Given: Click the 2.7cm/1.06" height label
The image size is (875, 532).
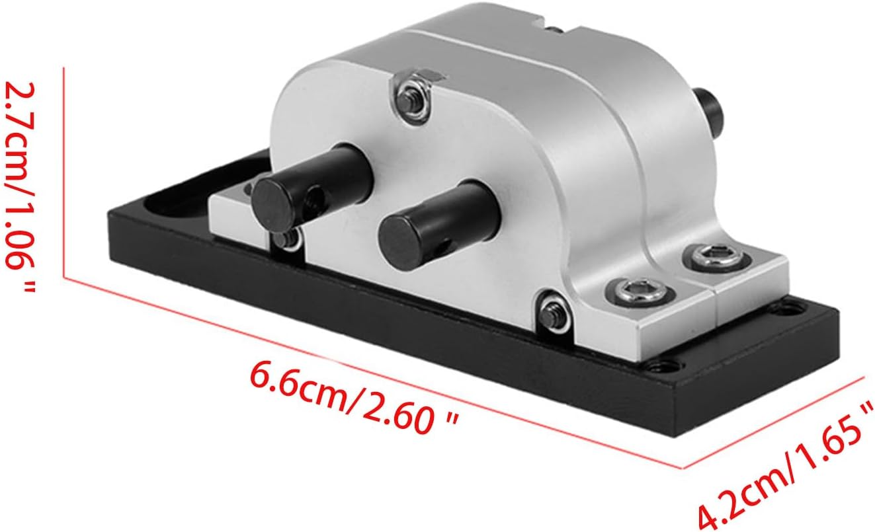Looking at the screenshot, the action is coord(20,186).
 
